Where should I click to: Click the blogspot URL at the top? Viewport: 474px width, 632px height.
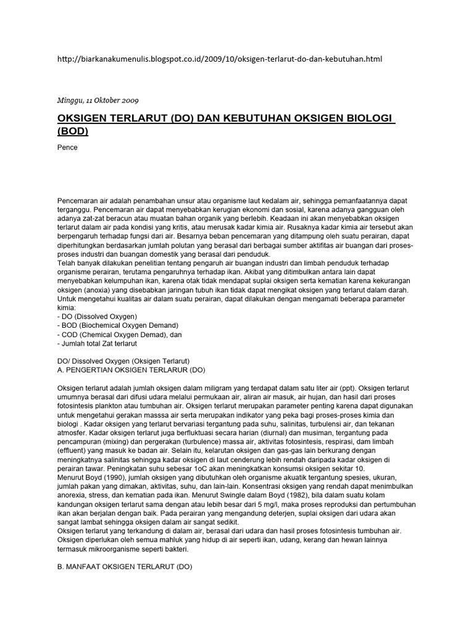219,59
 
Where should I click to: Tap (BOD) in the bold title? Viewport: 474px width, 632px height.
73,131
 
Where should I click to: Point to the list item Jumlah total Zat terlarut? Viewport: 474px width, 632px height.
96,343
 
